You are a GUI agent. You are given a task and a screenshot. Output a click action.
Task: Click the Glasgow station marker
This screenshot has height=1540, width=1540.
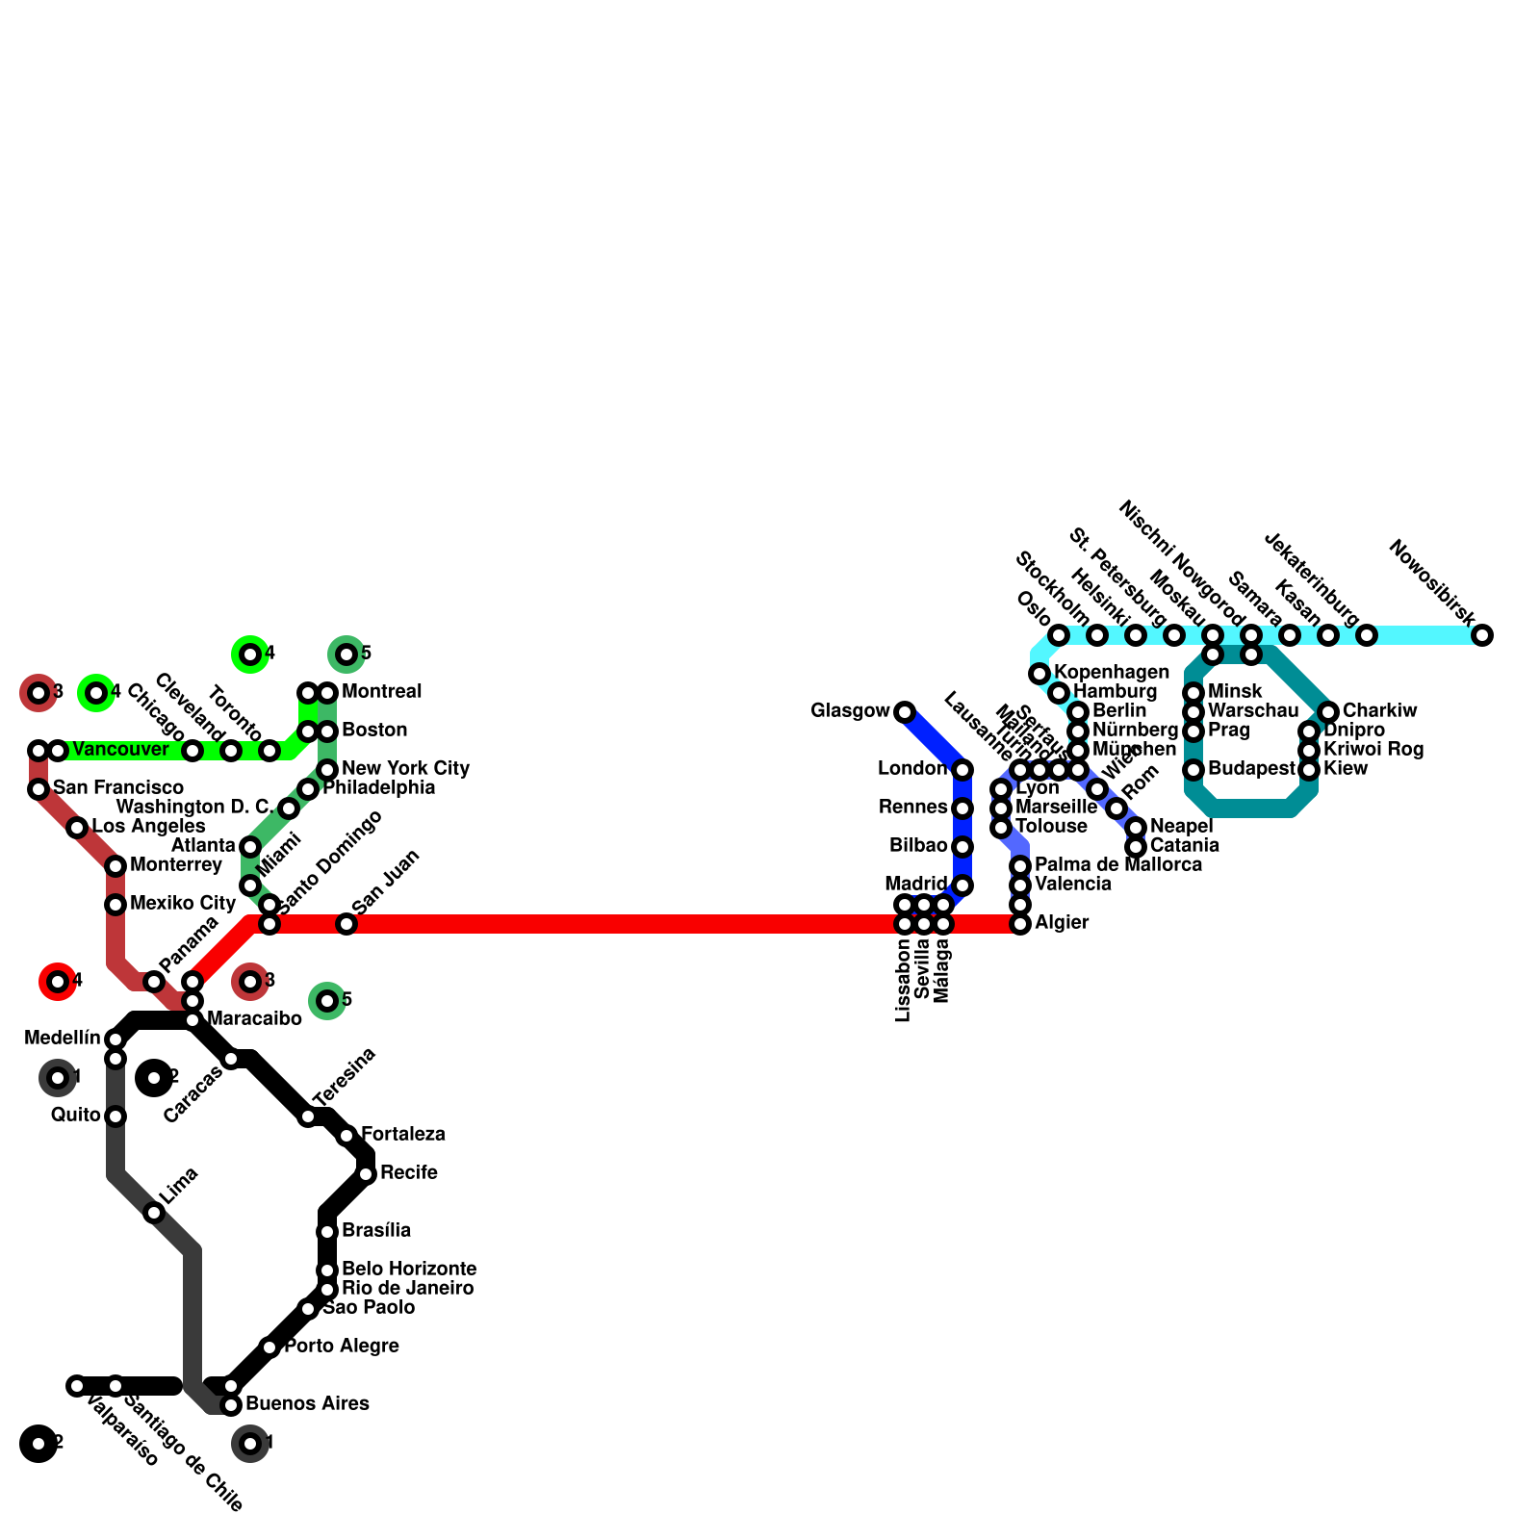pos(904,712)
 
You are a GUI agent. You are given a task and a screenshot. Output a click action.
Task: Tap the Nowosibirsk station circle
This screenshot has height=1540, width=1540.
pos(1482,635)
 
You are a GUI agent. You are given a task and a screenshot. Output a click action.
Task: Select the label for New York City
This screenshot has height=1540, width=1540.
pos(405,768)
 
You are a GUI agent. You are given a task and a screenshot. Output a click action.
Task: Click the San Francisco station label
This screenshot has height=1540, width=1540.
pos(117,788)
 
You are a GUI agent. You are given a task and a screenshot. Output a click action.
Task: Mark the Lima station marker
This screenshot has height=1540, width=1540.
pos(154,1213)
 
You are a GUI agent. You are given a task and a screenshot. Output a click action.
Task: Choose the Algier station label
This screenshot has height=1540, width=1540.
pos(1062,922)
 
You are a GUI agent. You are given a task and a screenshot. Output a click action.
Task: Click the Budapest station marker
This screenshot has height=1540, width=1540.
pos(1193,770)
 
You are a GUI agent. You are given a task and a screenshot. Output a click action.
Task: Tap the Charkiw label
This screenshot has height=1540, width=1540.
pos(1379,711)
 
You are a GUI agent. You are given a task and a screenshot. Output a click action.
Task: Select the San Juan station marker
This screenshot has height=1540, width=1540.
pos(346,924)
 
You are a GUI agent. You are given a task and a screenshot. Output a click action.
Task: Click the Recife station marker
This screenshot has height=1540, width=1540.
pos(366,1174)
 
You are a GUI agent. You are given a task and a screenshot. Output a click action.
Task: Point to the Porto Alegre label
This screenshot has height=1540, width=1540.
pos(341,1346)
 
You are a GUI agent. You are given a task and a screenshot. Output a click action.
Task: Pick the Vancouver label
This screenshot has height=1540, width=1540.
pos(120,749)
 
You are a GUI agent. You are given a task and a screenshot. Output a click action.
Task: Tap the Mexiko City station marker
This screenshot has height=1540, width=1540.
pos(115,905)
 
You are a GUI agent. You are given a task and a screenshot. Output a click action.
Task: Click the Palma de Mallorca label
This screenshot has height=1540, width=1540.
pos(1117,864)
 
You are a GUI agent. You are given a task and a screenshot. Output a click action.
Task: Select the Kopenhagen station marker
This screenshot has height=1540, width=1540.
pos(1039,674)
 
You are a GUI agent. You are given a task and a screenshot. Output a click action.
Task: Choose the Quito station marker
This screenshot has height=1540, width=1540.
pos(115,1116)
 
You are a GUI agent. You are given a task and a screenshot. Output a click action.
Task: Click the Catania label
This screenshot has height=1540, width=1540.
pos(1184,845)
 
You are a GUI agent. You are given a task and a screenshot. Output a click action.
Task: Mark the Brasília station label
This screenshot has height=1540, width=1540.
pos(376,1230)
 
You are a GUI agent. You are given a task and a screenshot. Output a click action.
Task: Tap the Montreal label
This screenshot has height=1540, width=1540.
pos(381,691)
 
